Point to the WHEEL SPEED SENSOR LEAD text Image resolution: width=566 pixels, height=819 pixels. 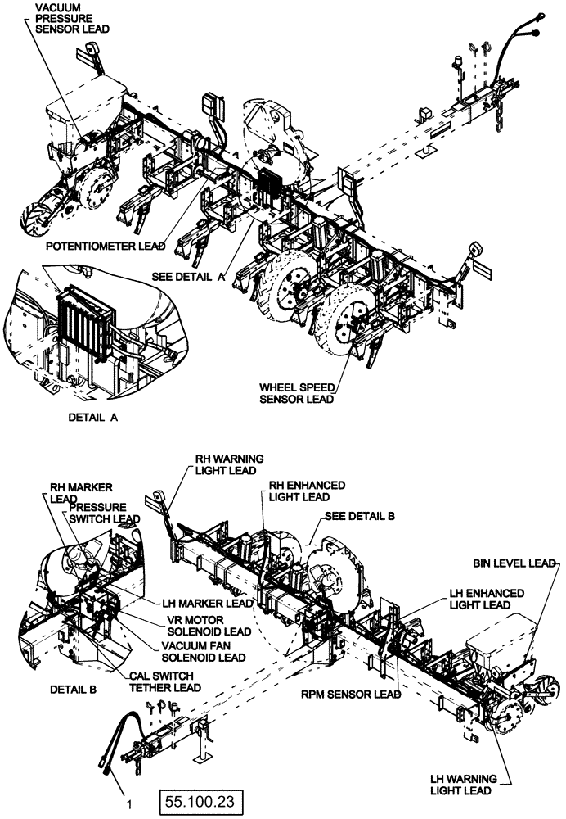[296, 392]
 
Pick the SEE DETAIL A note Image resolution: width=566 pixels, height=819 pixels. [188, 277]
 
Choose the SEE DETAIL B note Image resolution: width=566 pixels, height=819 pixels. [360, 517]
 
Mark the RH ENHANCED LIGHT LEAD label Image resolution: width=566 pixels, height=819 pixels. [307, 491]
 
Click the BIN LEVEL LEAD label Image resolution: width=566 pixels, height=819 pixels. [514, 563]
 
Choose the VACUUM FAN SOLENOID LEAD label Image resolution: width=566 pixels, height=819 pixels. [203, 651]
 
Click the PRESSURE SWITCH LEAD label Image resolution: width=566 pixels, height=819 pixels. [104, 513]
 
